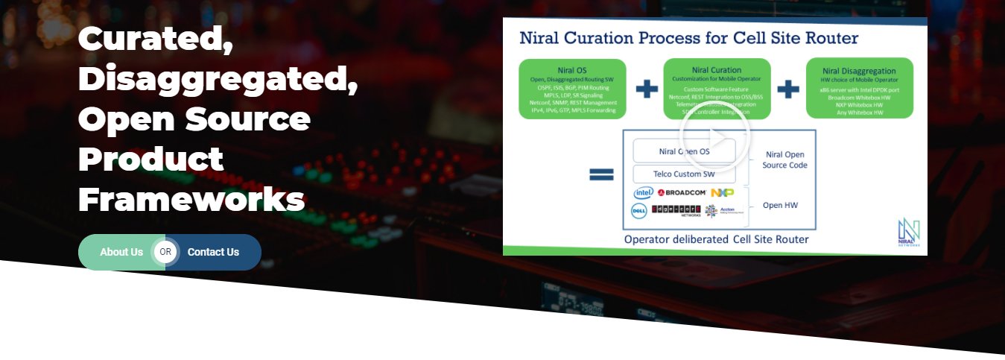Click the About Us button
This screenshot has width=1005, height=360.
tap(121, 252)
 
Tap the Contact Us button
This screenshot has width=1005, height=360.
tap(213, 252)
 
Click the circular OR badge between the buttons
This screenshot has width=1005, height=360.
tap(165, 252)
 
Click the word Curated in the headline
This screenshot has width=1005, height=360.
tap(155, 38)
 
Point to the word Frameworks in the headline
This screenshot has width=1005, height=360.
tap(191, 200)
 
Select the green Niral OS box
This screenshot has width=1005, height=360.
tap(572, 89)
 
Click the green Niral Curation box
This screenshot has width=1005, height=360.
tap(717, 89)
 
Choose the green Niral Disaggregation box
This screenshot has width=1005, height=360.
tap(860, 89)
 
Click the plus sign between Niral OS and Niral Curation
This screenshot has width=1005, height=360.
tap(647, 89)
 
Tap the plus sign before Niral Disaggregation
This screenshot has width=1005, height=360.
tap(788, 89)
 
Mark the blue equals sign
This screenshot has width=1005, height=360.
tap(601, 174)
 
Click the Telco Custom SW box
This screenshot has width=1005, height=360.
tap(684, 174)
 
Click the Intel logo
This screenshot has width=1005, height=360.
tap(643, 193)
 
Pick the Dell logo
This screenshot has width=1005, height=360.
tap(638, 211)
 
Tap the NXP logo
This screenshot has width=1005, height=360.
tap(722, 193)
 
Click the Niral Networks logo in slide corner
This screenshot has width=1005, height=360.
tap(908, 232)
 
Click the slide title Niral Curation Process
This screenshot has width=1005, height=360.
tap(688, 38)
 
